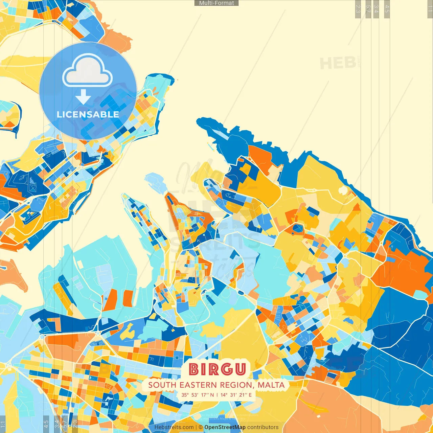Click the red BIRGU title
pos(217,369)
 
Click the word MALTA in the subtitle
pos(271,385)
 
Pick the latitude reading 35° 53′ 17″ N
pos(197,395)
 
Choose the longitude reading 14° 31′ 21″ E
pos(236,395)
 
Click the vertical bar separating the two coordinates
pos(217,395)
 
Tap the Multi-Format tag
pos(216,3)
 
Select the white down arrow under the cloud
pos(83,97)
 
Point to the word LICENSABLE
pos(88,114)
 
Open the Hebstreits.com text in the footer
pos(174,427)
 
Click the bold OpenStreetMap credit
pos(225,427)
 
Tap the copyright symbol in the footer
pos(201,427)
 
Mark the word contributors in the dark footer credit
pos(263,427)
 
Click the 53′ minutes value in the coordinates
pos(196,395)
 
